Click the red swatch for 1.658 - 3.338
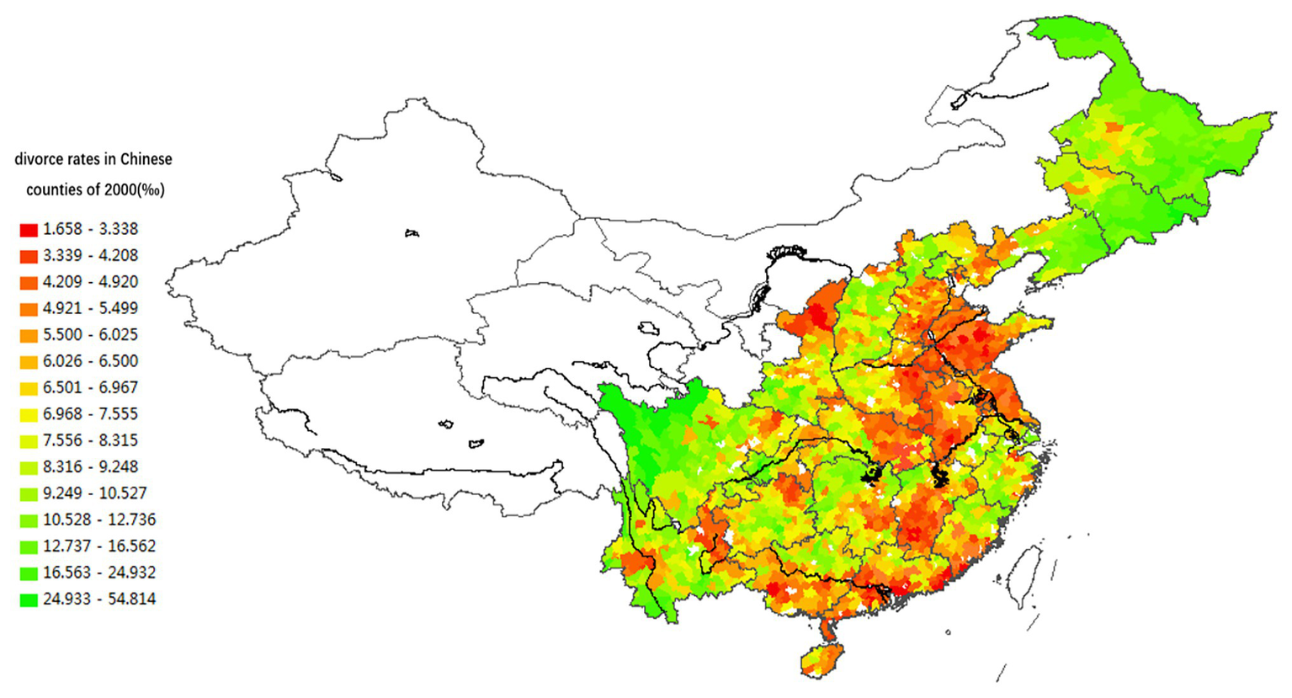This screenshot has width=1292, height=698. pyautogui.click(x=29, y=230)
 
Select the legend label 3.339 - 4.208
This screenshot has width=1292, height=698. pyautogui.click(x=90, y=255)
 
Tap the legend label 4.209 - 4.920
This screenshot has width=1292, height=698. pyautogui.click(x=90, y=282)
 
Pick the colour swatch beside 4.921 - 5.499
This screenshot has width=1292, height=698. pyautogui.click(x=29, y=309)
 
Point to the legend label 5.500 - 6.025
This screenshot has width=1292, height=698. pyautogui.click(x=90, y=335)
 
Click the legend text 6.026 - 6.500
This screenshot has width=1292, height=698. pyautogui.click(x=90, y=361)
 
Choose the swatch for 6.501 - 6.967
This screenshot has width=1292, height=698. pyautogui.click(x=29, y=388)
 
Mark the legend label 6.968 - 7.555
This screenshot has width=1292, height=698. pyautogui.click(x=90, y=414)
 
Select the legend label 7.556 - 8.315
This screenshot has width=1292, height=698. pyautogui.click(x=90, y=440)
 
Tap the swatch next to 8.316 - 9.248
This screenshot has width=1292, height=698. pyautogui.click(x=29, y=467)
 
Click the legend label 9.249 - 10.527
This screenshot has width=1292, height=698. pyautogui.click(x=94, y=493)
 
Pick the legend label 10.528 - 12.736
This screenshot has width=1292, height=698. pyautogui.click(x=98, y=520)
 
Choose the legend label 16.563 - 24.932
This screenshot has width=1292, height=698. pyautogui.click(x=98, y=573)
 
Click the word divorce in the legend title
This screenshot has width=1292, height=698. pyautogui.click(x=38, y=159)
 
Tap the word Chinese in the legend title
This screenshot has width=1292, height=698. pyautogui.click(x=146, y=159)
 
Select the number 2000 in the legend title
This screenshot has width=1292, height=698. pyautogui.click(x=121, y=190)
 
